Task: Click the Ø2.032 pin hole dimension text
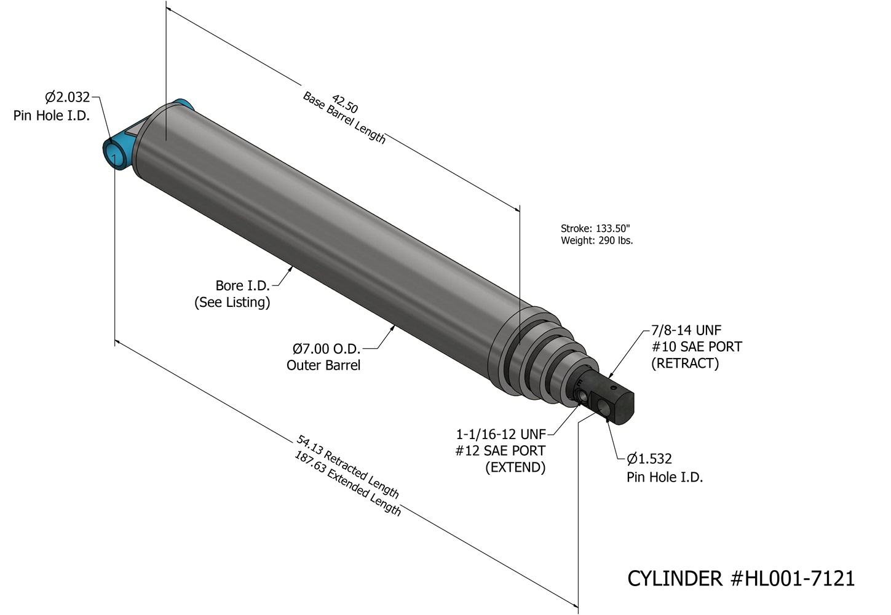click(x=67, y=97)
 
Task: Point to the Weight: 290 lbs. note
click(x=596, y=240)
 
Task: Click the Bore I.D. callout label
click(x=242, y=285)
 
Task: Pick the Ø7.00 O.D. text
click(x=326, y=349)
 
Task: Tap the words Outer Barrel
click(x=323, y=365)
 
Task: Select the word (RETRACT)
click(x=685, y=363)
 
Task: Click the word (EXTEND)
click(x=515, y=467)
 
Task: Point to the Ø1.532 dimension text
click(x=649, y=459)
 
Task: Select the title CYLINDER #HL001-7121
click(x=740, y=578)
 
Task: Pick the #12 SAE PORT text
click(x=500, y=451)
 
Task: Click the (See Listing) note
click(x=232, y=303)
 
